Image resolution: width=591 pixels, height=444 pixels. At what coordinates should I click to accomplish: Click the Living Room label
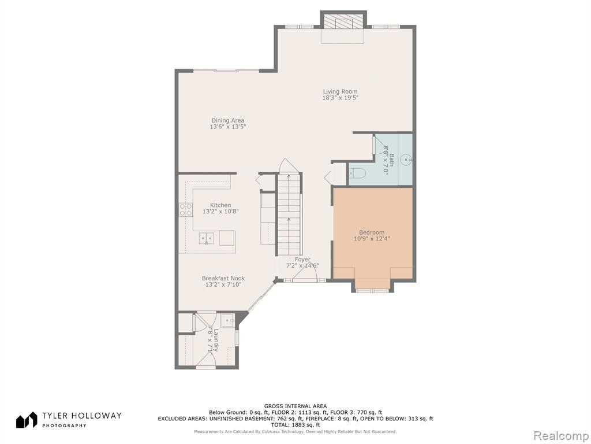pyautogui.click(x=340, y=91)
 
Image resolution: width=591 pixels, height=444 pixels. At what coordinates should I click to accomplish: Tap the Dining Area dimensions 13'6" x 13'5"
pyautogui.click(x=227, y=127)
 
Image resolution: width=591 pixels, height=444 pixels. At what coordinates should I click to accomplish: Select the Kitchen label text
pyautogui.click(x=220, y=205)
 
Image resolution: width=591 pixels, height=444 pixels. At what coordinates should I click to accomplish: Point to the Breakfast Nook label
pyautogui.click(x=223, y=279)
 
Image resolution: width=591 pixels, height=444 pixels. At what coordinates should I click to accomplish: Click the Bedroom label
pyautogui.click(x=372, y=232)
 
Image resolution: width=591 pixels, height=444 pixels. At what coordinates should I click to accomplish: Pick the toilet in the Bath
pyautogui.click(x=357, y=173)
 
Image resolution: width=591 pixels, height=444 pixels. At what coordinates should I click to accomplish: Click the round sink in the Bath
pyautogui.click(x=406, y=160)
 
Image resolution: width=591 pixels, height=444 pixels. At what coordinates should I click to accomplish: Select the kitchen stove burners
pyautogui.click(x=185, y=209)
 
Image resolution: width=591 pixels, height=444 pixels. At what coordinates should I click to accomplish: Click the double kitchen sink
pyautogui.click(x=206, y=239)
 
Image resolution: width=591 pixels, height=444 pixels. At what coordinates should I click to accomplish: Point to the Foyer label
pyautogui.click(x=302, y=260)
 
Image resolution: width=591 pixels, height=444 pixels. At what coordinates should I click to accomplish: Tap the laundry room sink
pyautogui.click(x=227, y=320)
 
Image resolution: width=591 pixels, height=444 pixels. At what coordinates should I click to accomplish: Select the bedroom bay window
pyautogui.click(x=372, y=290)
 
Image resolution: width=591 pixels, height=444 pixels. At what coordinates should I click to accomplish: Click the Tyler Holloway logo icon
pyautogui.click(x=27, y=420)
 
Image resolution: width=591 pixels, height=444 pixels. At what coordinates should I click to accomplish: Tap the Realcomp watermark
pyautogui.click(x=560, y=435)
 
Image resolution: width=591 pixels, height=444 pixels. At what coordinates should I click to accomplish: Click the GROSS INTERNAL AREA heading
pyautogui.click(x=295, y=406)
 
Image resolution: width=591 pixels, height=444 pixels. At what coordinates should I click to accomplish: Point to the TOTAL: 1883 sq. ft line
pyautogui.click(x=295, y=425)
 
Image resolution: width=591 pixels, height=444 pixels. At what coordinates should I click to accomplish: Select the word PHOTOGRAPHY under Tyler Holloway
pyautogui.click(x=64, y=425)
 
